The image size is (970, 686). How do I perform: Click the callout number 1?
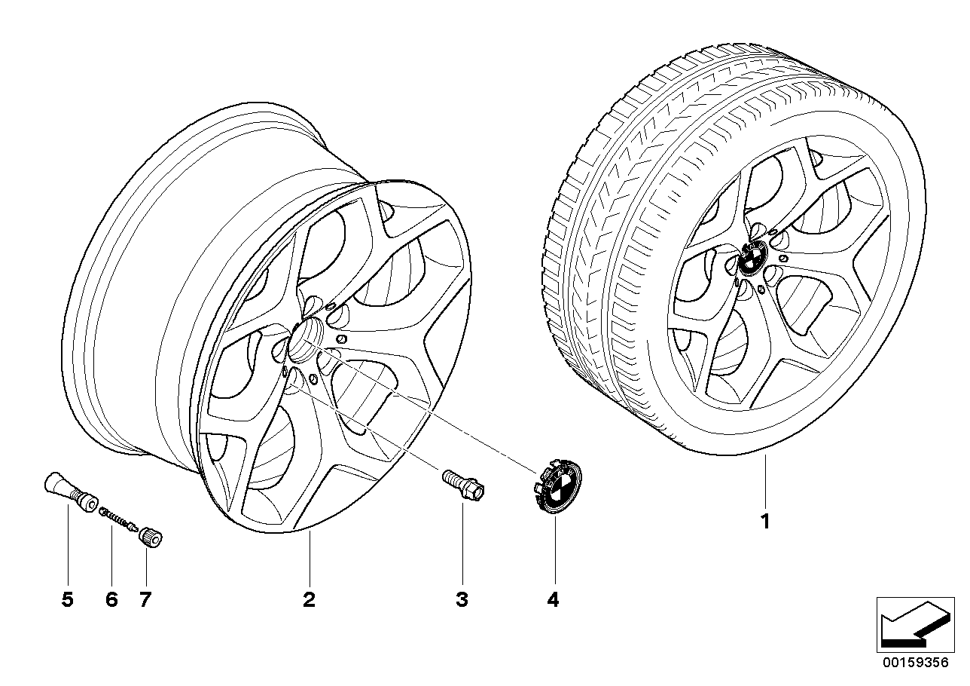765,522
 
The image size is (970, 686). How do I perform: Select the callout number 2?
309,600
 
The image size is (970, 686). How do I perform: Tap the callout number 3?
462,600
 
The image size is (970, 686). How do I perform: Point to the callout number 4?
554,600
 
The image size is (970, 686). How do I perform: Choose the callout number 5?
68,600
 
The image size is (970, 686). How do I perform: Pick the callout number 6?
111,600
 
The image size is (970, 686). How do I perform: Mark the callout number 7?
145,600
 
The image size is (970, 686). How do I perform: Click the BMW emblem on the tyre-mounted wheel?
752,260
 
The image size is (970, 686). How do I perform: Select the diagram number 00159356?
917,663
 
